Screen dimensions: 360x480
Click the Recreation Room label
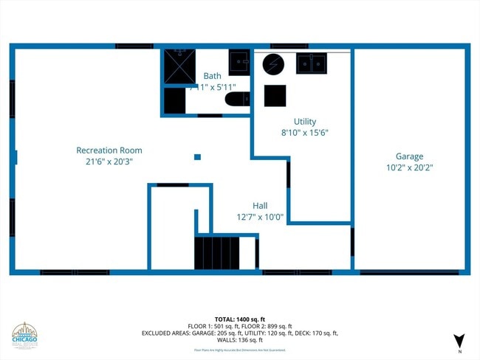point(109,150)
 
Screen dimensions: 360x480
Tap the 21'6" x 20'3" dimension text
point(109,161)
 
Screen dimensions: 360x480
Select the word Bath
point(213,76)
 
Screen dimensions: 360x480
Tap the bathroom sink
point(239,63)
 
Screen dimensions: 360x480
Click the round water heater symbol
point(273,63)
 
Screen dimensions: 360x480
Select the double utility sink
point(312,63)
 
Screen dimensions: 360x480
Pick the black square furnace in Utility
point(275,95)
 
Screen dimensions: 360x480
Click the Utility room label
point(305,122)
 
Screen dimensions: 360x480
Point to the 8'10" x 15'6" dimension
point(305,133)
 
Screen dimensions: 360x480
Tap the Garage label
point(409,156)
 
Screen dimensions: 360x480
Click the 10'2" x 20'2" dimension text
point(409,167)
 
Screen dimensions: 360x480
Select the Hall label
point(260,206)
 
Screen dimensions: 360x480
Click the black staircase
point(217,252)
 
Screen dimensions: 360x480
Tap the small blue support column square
point(197,156)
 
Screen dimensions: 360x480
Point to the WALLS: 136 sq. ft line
point(239,340)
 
